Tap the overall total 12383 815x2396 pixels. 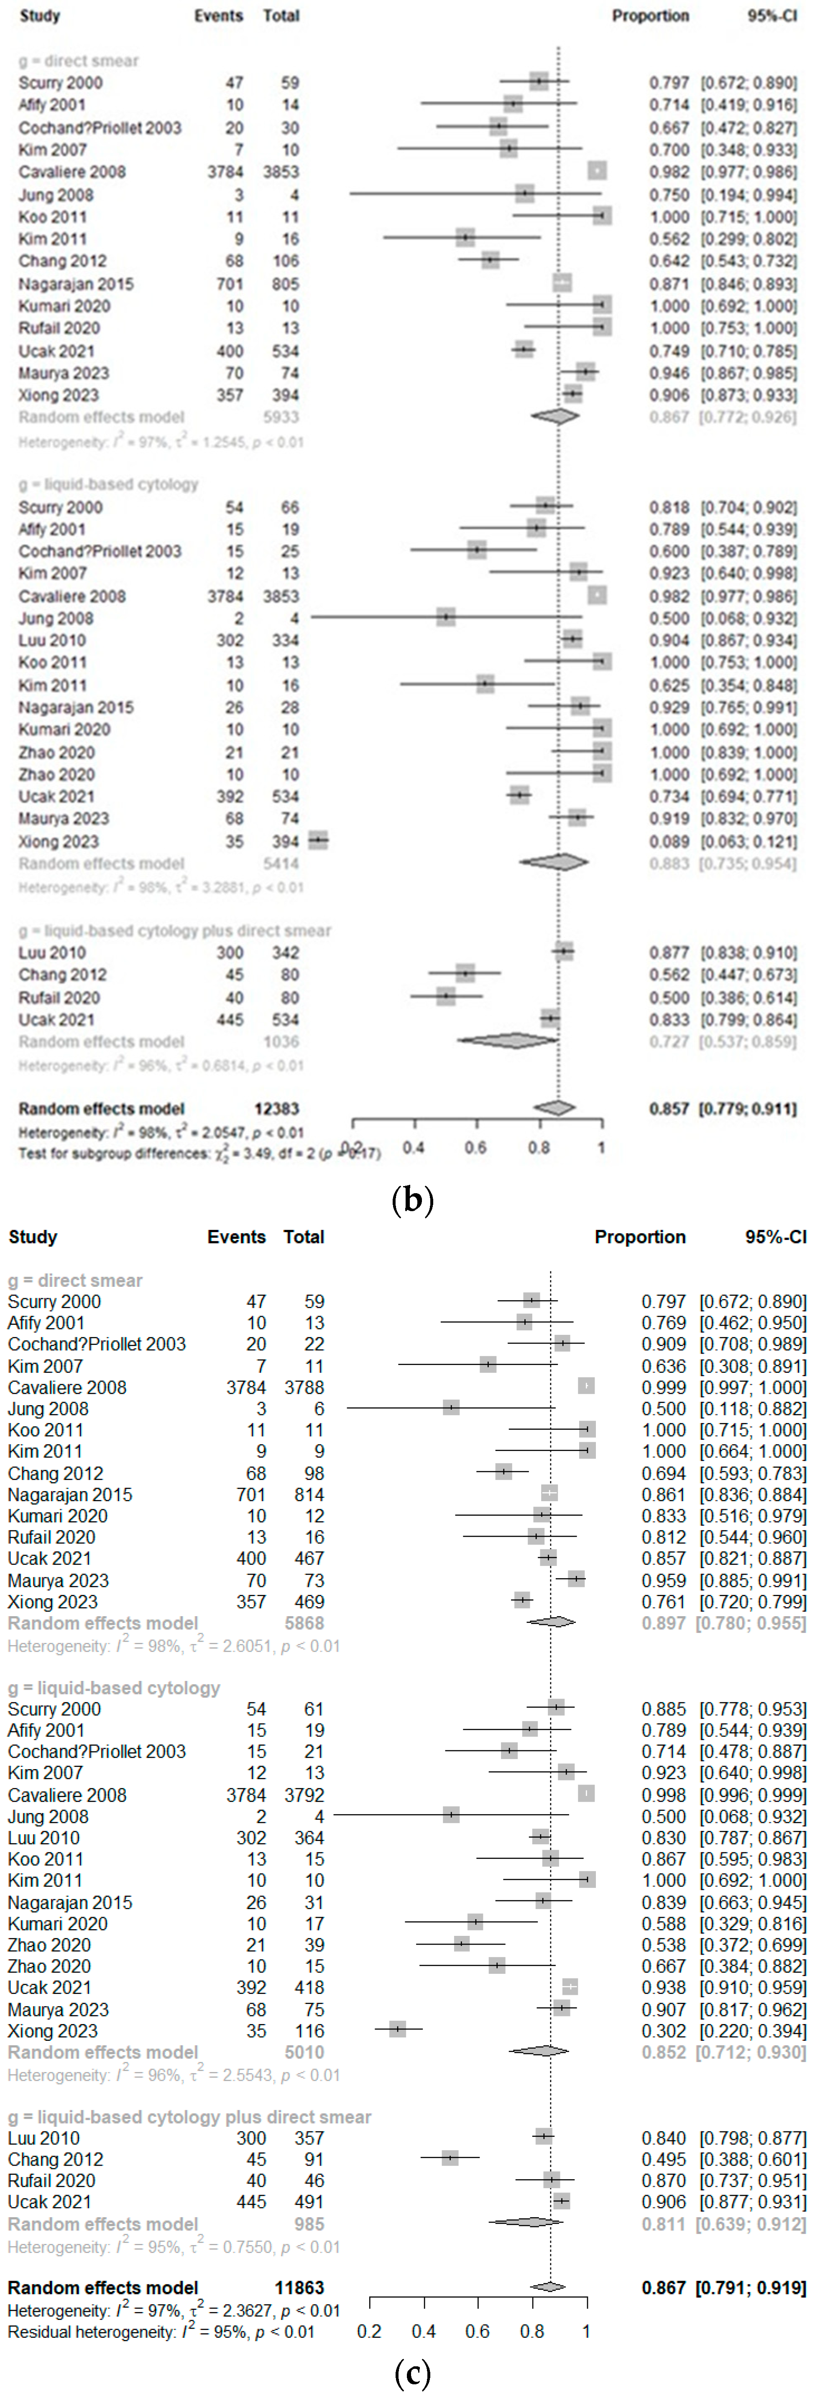(x=277, y=1109)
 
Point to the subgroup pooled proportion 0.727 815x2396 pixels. (x=669, y=1042)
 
